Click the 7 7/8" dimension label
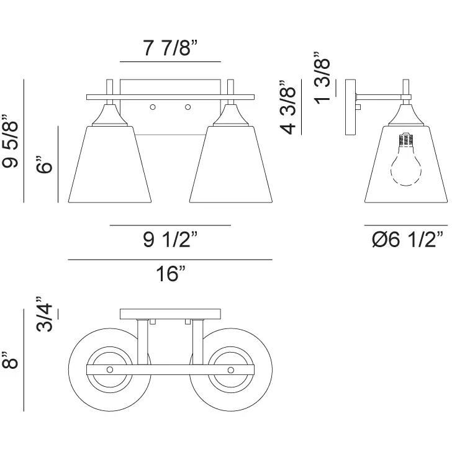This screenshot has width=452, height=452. (170, 48)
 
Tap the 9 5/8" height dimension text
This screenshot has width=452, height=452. (11, 142)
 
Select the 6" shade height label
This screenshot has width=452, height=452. (44, 165)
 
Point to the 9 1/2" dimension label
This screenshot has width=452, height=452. (170, 239)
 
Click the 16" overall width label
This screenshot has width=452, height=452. (170, 273)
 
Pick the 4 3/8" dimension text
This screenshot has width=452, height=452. (288, 108)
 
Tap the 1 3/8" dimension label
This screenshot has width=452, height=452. (322, 78)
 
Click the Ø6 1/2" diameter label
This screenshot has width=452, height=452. (407, 239)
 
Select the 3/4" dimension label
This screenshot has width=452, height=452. (44, 314)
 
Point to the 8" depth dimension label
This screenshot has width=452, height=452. (11, 360)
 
